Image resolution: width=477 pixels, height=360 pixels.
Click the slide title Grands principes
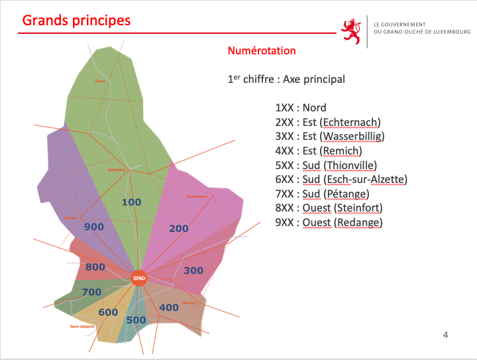tap(76, 20)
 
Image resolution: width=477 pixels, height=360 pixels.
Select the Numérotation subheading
tap(262, 51)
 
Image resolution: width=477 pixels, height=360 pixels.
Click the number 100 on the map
tap(132, 202)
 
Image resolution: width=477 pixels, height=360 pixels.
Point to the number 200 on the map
tap(179, 229)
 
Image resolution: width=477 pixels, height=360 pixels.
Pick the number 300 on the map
tap(193, 270)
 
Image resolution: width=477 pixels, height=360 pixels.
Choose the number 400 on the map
tap(169, 308)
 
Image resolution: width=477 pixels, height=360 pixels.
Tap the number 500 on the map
tap(136, 320)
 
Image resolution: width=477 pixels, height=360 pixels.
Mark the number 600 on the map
tap(108, 313)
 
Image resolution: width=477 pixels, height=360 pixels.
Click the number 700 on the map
tap(91, 292)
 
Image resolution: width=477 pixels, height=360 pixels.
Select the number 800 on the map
tap(95, 267)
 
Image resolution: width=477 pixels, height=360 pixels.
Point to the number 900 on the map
tap(94, 227)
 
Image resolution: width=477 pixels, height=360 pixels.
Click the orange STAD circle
tap(138, 278)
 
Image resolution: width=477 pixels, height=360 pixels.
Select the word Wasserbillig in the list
tap(352, 137)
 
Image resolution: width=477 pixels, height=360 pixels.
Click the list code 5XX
tap(285, 165)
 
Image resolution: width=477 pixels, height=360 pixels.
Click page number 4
tap(446, 335)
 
